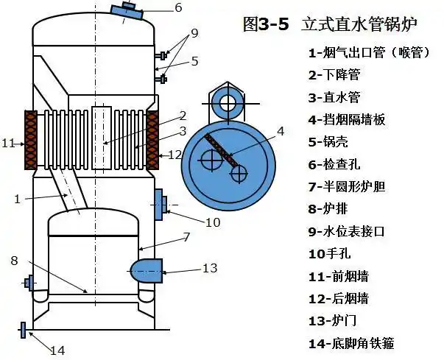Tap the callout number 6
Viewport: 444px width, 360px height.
tap(177, 9)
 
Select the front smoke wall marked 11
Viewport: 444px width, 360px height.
tap(32, 139)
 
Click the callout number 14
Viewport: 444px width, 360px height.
tap(57, 350)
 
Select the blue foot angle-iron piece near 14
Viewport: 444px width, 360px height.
tap(24, 330)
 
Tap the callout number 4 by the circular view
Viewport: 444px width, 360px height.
tap(280, 131)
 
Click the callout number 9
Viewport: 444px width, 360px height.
tap(194, 33)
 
